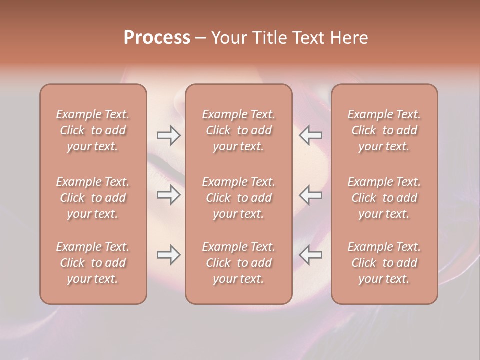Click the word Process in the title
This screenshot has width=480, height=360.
(x=157, y=38)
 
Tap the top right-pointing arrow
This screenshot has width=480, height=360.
(x=168, y=134)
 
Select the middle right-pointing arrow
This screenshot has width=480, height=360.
(x=168, y=195)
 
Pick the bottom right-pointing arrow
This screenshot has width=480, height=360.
(x=168, y=255)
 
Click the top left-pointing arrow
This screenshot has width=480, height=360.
(x=311, y=134)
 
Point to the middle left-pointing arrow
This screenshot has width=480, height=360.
(x=311, y=195)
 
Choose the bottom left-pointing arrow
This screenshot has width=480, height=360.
(x=311, y=255)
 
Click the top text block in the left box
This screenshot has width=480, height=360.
(x=93, y=130)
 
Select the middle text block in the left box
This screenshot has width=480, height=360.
(x=93, y=198)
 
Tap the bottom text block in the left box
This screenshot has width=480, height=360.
(x=93, y=263)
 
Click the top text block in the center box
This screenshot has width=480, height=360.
(x=238, y=130)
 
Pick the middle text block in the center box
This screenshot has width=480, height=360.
(x=238, y=198)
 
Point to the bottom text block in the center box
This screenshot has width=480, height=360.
(x=238, y=263)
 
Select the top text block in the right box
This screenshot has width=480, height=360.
(x=384, y=130)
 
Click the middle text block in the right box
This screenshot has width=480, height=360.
(x=384, y=198)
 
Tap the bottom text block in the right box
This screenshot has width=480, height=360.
(x=384, y=263)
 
